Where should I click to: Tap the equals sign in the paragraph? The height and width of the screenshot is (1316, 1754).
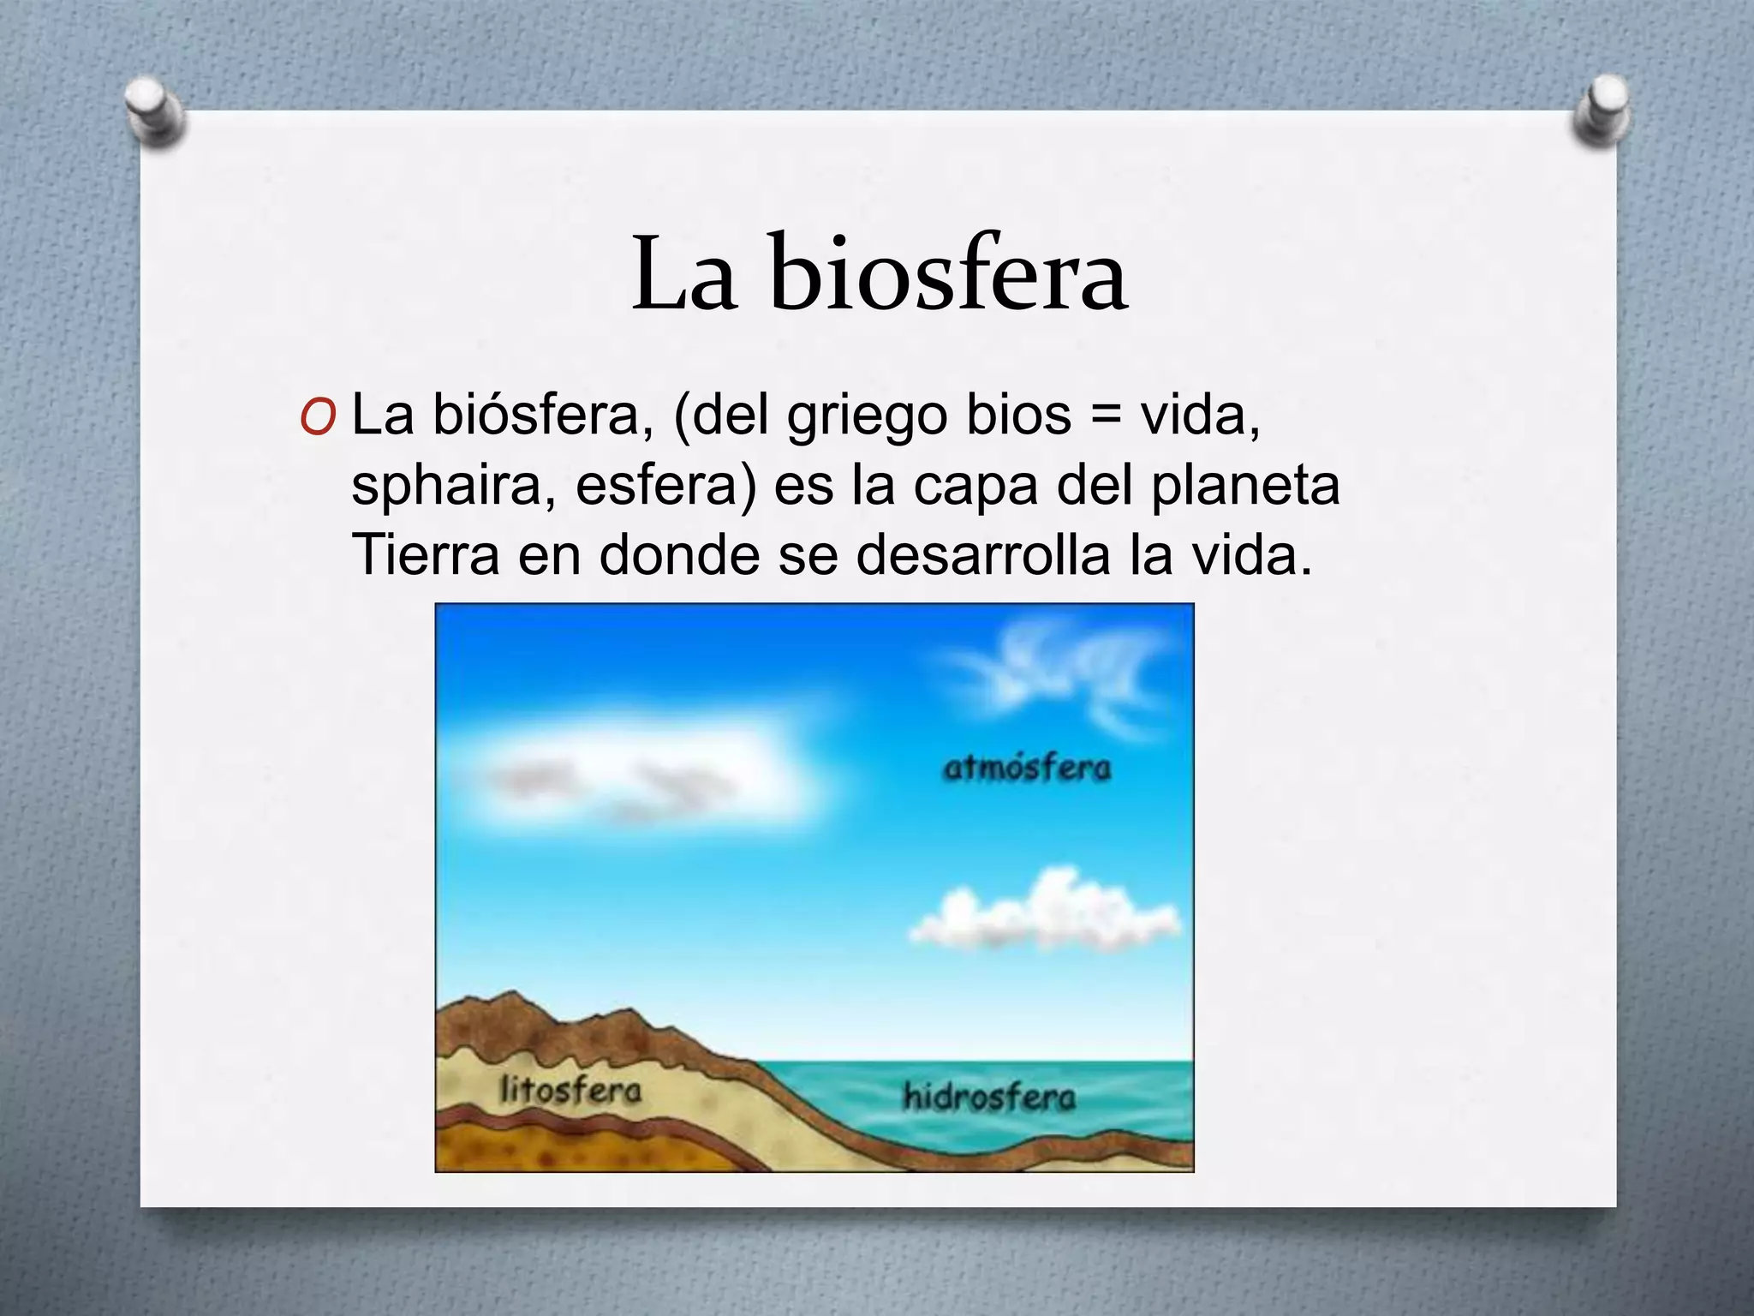1106,416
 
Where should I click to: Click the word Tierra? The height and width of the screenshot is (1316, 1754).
426,554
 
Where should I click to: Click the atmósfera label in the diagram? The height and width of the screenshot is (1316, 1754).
1026,768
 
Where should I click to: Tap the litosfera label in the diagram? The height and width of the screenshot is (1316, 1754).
570,1091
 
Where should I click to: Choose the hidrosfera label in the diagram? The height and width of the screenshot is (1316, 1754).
989,1096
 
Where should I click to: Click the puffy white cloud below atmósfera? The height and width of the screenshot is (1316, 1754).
1045,922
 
